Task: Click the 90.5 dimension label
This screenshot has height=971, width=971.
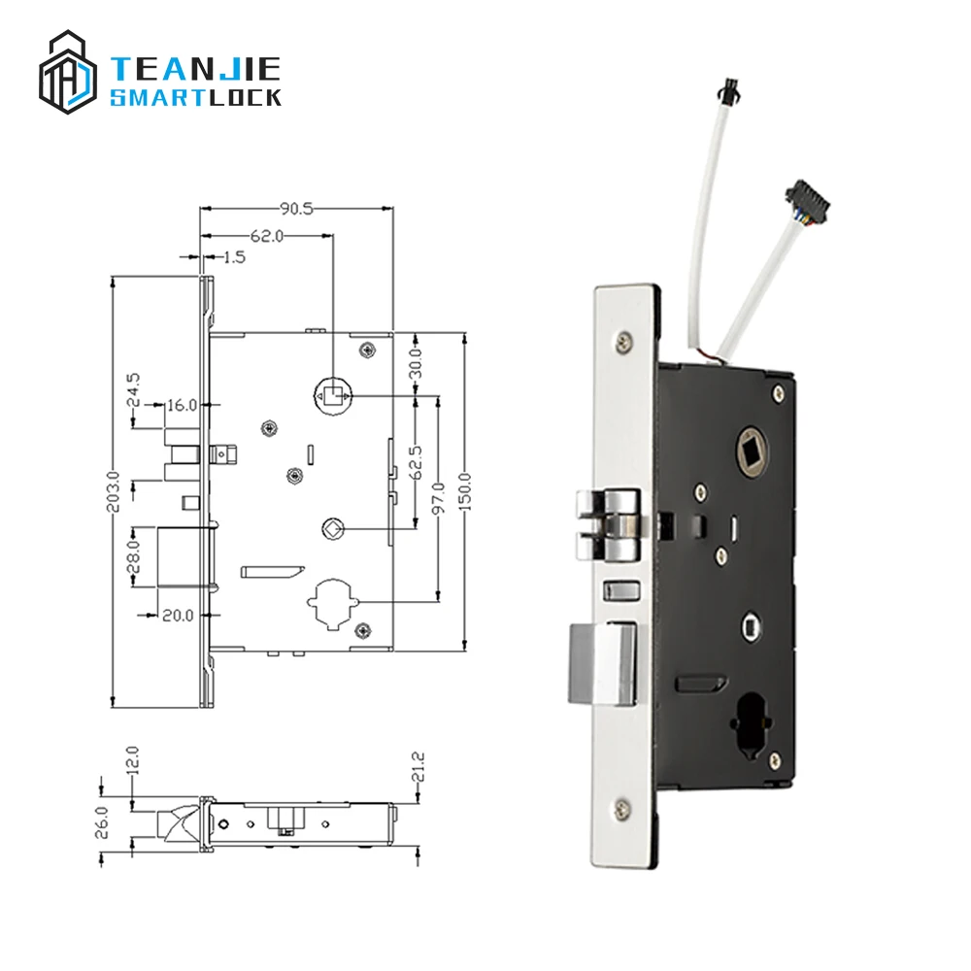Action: pos(296,208)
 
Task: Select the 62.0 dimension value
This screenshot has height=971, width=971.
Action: pos(265,235)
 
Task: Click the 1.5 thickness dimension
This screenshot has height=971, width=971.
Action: pos(233,257)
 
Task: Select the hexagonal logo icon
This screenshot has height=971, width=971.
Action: pos(68,73)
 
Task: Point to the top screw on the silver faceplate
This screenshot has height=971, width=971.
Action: pos(622,340)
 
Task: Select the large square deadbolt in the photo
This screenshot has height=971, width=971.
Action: pos(600,663)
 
